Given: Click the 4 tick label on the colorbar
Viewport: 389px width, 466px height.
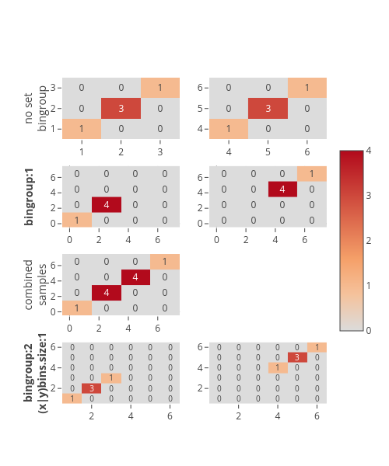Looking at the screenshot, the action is click(369, 151).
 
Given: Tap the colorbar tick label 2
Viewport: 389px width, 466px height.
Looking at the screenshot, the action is click(369, 241).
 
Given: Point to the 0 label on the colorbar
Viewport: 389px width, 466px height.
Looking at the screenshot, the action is click(369, 331).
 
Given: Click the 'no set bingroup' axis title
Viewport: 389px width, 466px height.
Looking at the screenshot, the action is click(36, 108).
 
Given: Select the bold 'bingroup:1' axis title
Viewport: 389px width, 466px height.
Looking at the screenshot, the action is click(28, 196).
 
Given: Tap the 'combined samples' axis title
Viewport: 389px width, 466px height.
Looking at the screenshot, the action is click(36, 285).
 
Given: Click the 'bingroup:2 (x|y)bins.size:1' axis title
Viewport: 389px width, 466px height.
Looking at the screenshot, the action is click(36, 373).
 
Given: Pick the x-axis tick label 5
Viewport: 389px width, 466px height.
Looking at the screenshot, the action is click(268, 152).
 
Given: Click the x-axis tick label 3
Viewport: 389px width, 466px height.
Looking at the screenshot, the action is click(160, 152).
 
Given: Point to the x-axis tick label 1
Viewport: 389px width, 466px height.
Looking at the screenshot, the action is click(82, 152).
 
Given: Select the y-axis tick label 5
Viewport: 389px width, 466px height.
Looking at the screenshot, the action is click(200, 109).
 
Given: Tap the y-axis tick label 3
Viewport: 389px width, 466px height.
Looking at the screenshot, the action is click(53, 88).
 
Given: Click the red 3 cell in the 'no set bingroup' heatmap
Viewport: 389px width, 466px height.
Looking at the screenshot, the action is click(121, 108).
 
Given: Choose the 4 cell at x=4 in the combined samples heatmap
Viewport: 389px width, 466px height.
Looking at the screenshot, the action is click(135, 277).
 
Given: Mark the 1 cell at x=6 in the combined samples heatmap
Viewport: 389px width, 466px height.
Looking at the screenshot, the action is click(165, 262).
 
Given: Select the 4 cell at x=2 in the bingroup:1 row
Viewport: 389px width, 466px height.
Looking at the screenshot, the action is click(107, 205).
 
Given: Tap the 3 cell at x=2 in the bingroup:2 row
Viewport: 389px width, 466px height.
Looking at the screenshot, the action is click(91, 388).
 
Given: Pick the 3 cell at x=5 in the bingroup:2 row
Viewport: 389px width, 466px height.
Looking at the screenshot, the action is click(297, 357).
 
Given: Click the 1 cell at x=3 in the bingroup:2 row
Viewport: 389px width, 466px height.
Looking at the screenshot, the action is click(111, 378).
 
